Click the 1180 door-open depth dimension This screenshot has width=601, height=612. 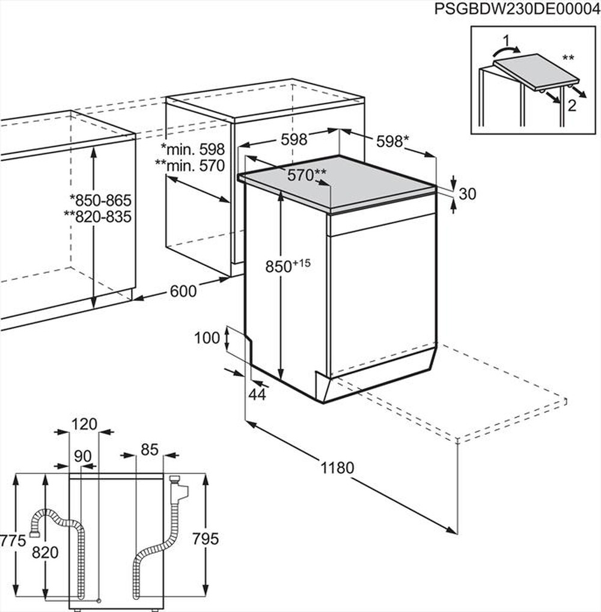click(x=337, y=467)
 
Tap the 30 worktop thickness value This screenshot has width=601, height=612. click(x=467, y=194)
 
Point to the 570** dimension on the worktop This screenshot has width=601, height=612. click(x=307, y=175)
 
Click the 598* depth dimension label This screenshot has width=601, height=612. click(x=392, y=141)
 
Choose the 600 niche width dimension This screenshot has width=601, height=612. click(x=183, y=291)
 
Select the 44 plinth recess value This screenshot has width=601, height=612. click(x=257, y=394)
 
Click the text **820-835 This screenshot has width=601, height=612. click(x=98, y=217)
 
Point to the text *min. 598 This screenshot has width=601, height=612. click(x=192, y=148)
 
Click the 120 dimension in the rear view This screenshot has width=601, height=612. click(x=84, y=424)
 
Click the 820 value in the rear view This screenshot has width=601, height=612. click(x=45, y=553)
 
